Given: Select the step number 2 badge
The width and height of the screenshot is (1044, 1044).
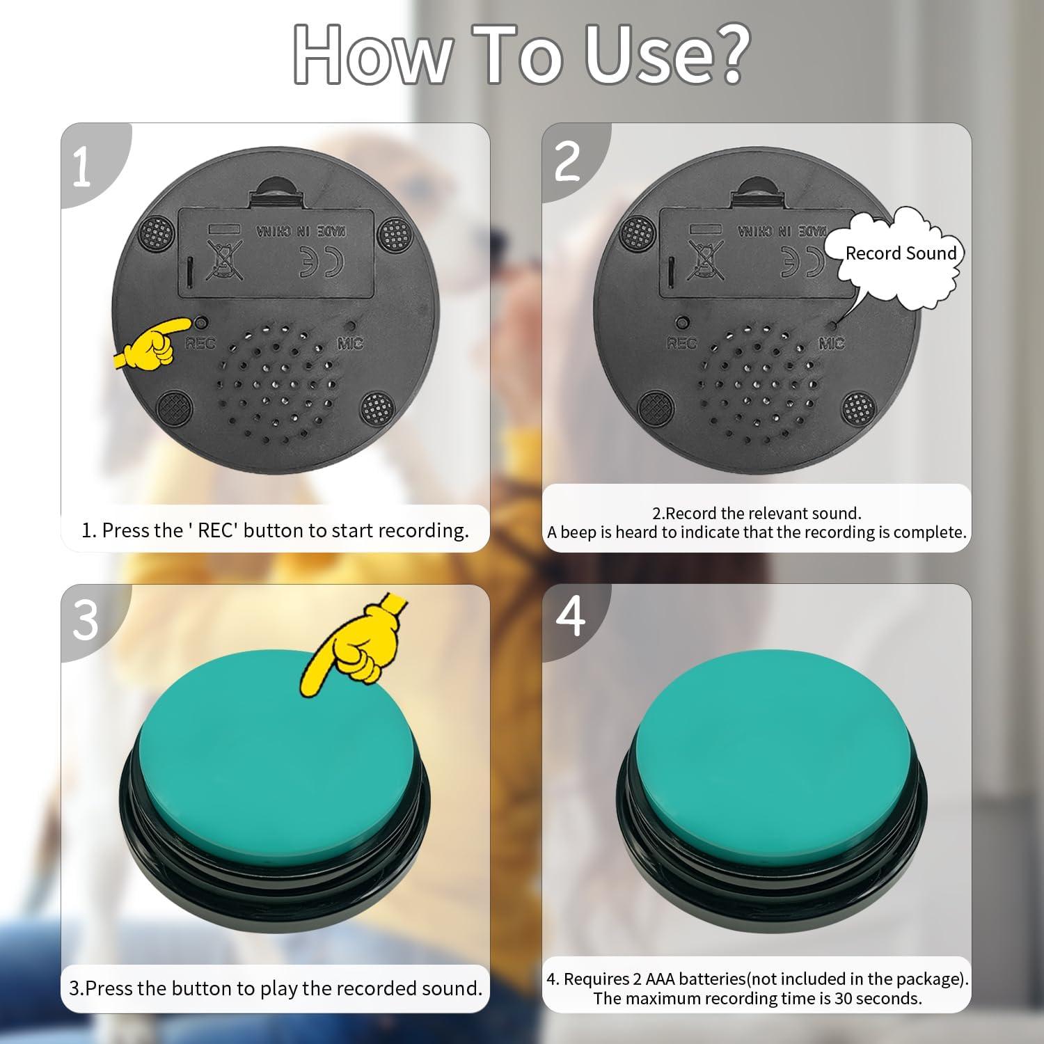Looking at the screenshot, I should coord(567,161).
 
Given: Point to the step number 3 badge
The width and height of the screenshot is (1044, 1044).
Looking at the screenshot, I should coord(85,620).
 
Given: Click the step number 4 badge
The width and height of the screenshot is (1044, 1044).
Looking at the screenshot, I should coord(570,615).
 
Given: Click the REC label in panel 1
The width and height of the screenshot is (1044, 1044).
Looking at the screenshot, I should coord(200,343).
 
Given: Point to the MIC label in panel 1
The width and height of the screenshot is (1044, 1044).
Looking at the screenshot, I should coord(350,343).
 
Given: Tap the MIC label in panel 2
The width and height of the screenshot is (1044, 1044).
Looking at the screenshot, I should coord(831,343).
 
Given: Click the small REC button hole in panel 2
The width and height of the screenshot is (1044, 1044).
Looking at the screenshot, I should coord(683,323).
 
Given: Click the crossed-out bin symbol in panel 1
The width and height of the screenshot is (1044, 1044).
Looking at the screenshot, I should coord(224,260).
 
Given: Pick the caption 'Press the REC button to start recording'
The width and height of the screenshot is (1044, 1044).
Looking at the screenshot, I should coord(275,530).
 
